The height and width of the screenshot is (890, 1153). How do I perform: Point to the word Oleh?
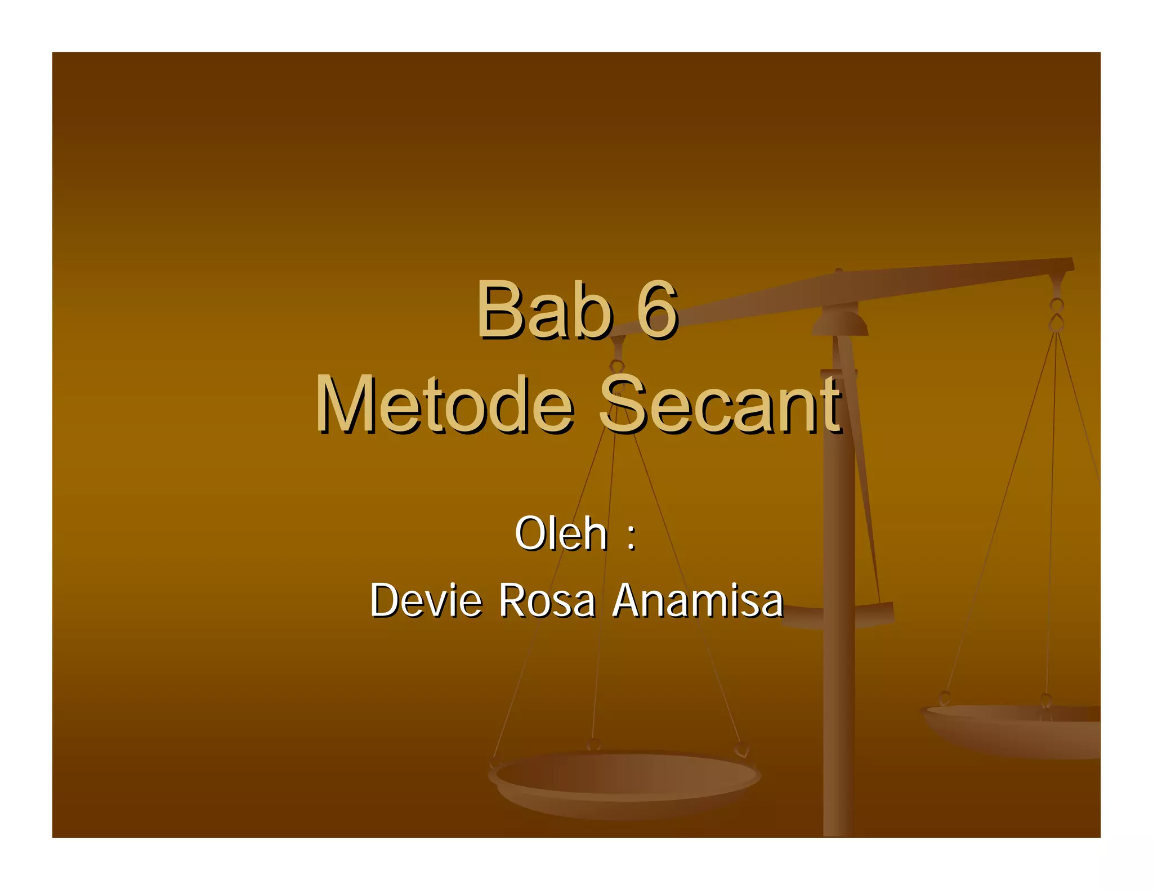tap(561, 533)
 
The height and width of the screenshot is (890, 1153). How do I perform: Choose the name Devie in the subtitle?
tap(426, 600)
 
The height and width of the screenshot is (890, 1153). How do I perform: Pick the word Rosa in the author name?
tap(547, 600)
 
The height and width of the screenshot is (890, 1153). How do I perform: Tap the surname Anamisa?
tap(698, 600)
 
